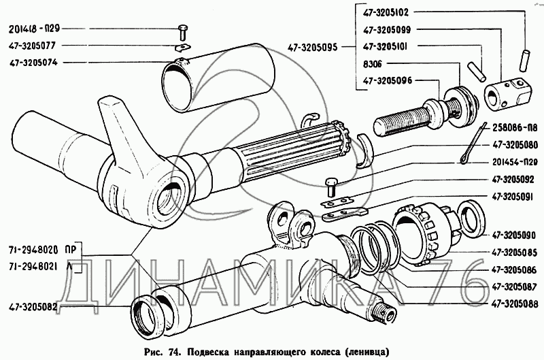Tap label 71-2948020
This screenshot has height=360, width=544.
[x=34, y=250]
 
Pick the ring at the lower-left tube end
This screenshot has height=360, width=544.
[x=148, y=315]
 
